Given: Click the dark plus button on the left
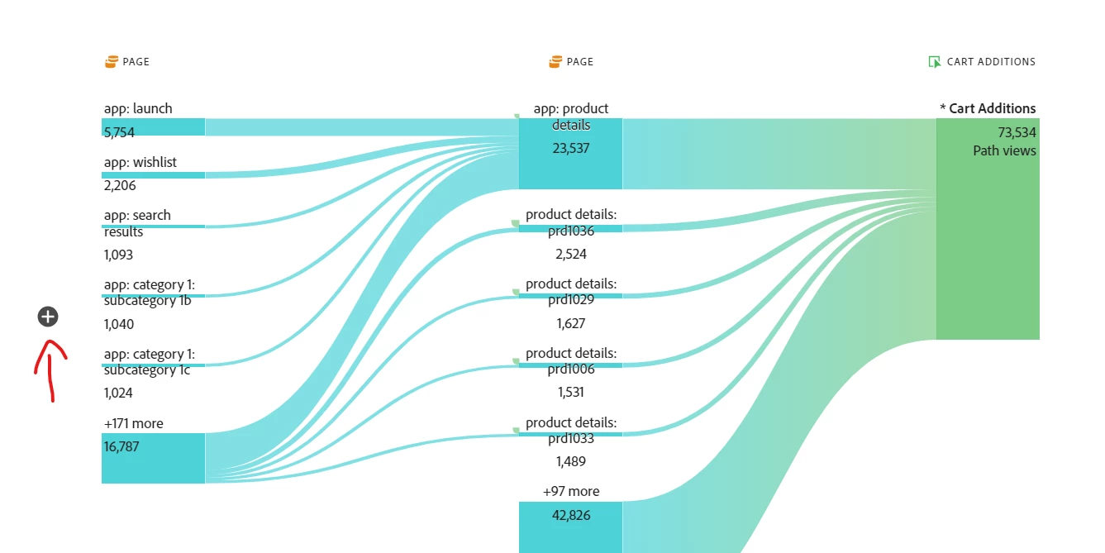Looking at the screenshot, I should click(48, 316).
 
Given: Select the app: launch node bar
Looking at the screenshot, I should click(153, 127).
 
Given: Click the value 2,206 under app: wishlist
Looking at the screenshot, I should click(120, 186).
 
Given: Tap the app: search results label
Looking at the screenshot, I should click(137, 223).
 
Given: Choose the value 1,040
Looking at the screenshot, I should click(119, 324).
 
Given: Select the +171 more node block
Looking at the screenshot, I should click(153, 458).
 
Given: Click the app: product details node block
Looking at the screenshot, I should click(570, 154).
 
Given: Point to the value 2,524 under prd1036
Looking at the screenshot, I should click(571, 254).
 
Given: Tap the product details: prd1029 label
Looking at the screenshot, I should click(571, 291).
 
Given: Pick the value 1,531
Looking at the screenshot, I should click(571, 392).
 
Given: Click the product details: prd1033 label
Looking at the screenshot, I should click(571, 431).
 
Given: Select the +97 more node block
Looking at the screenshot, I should click(570, 527).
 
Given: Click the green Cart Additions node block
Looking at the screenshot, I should click(987, 248).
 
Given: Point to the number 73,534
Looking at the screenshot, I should click(1017, 132).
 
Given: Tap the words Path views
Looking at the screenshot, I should click(1004, 150).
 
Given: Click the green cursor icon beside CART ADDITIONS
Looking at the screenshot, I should click(935, 62).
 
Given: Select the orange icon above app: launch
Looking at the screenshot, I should click(112, 62).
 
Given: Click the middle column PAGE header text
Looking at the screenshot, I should click(580, 62).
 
